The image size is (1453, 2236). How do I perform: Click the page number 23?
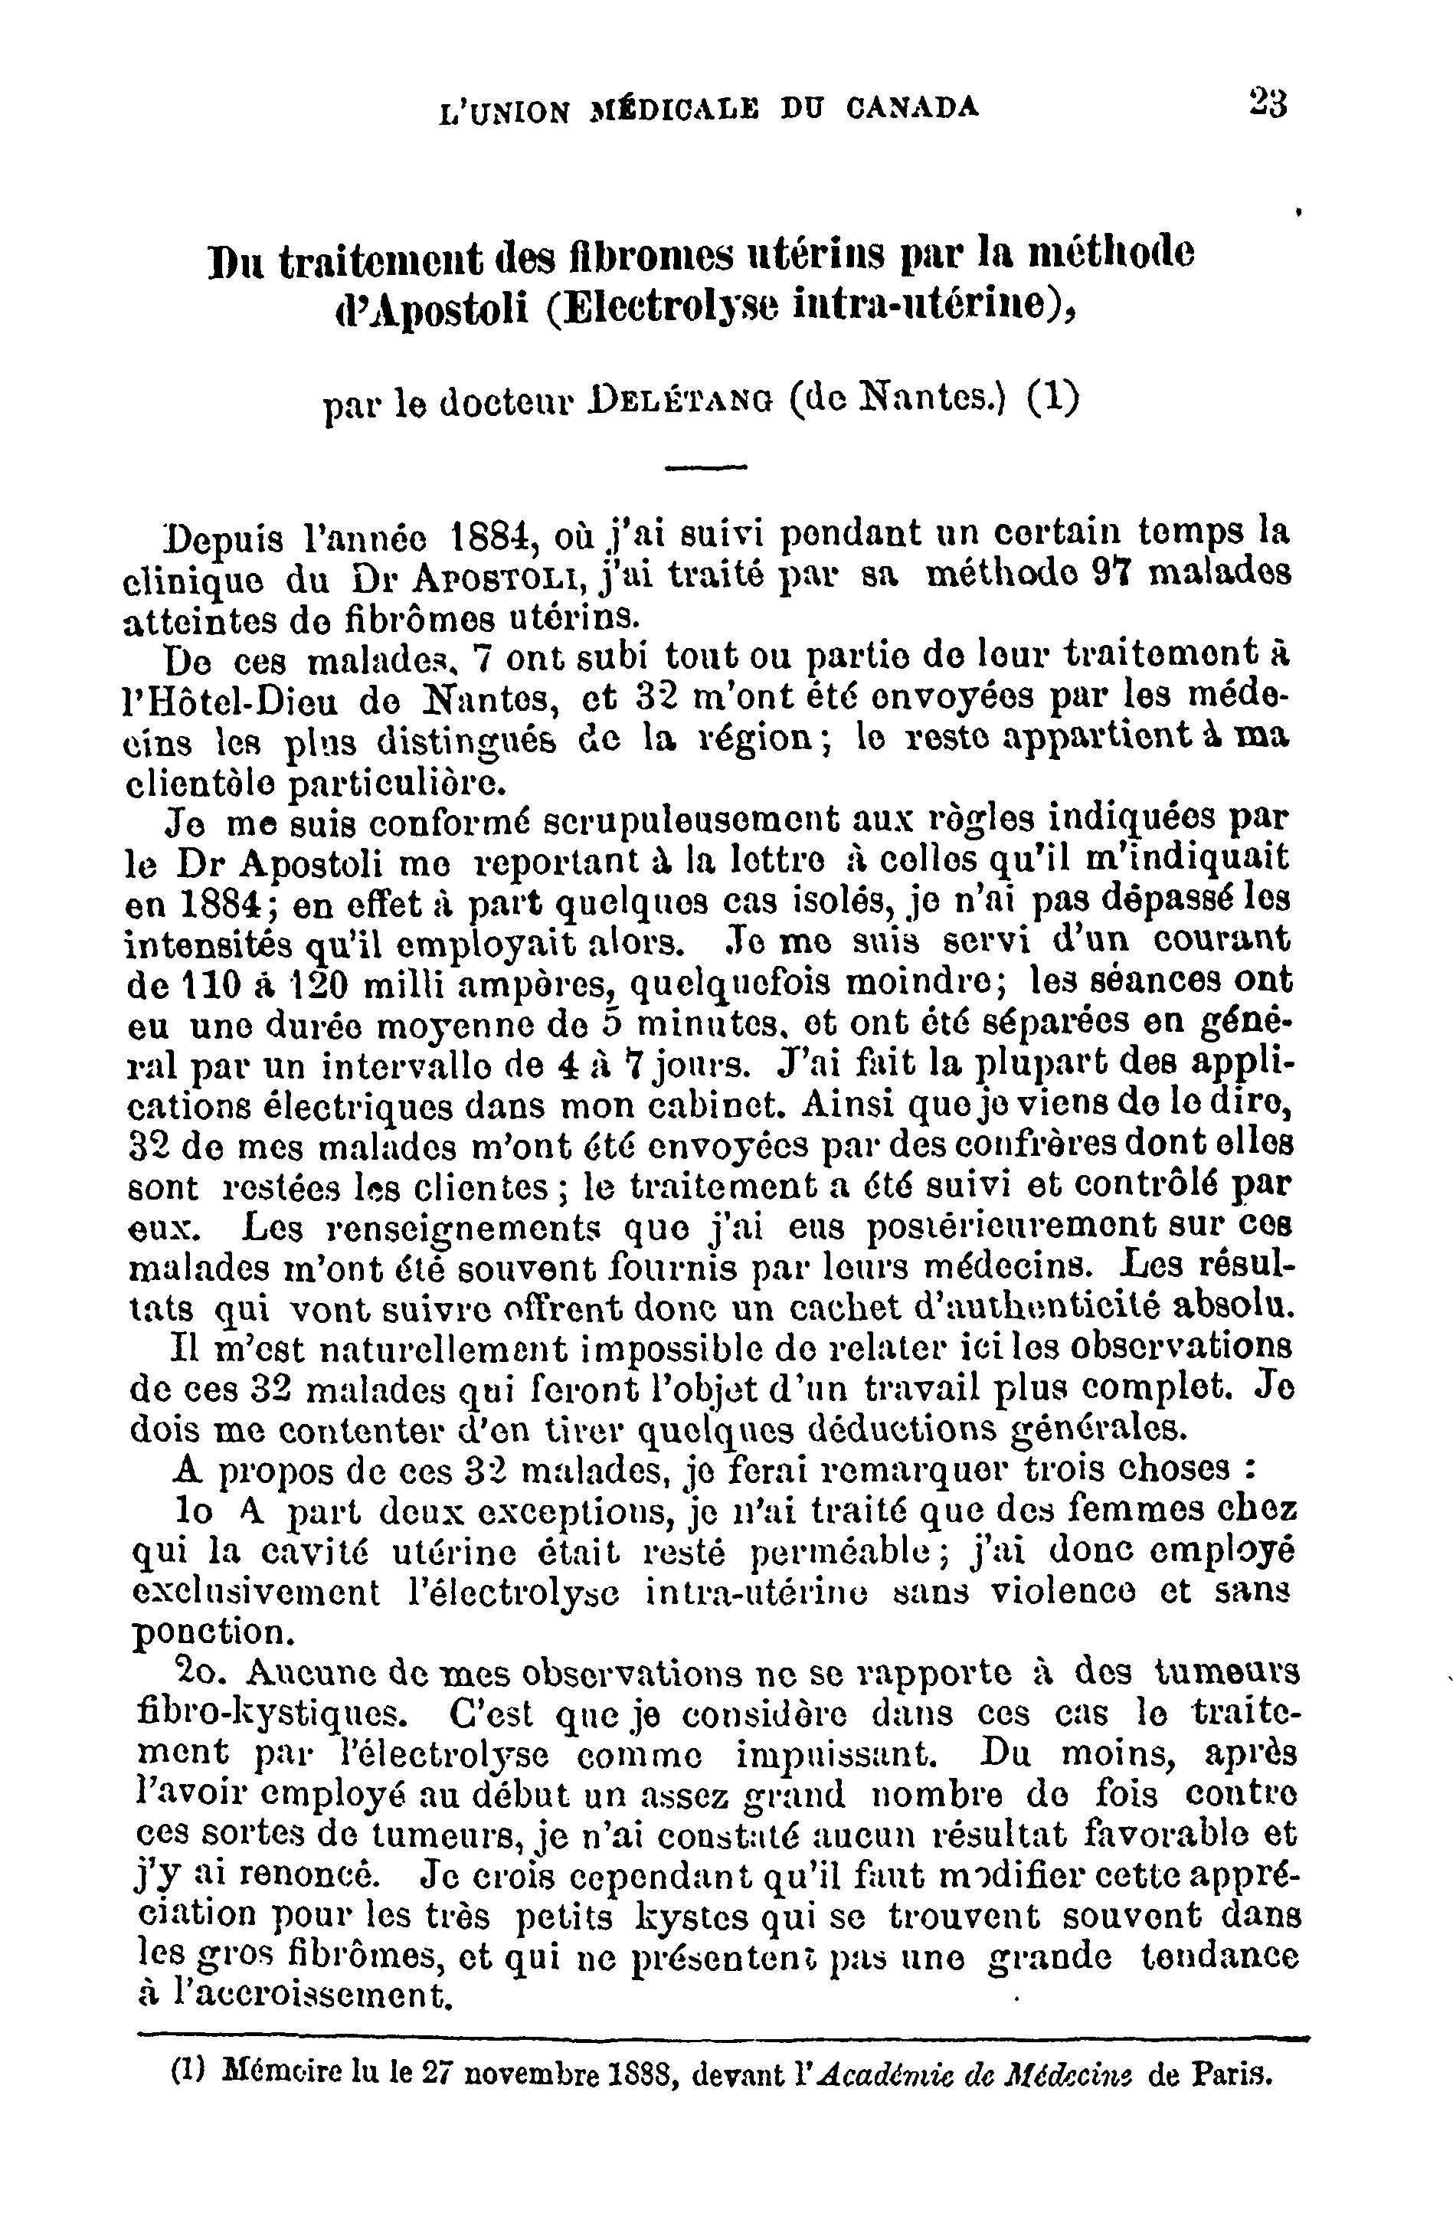(1268, 101)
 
